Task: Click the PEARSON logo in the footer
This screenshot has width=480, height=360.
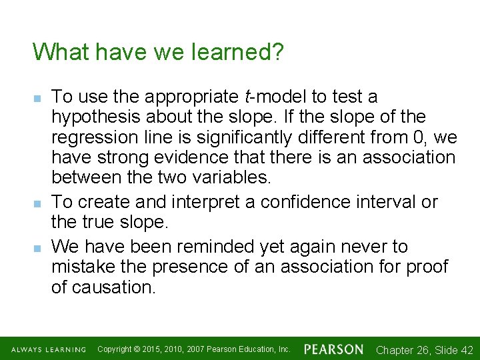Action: [x=333, y=349]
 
